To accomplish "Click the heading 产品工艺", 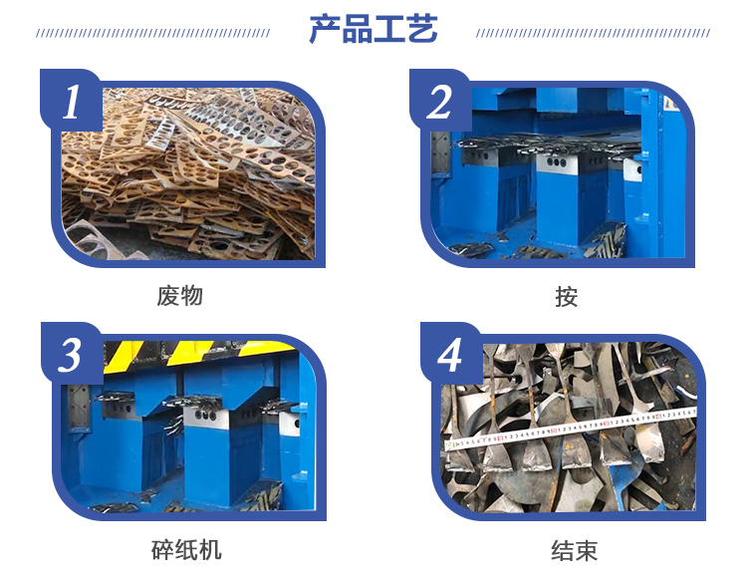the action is click(x=373, y=29).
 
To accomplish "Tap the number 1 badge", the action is click(x=71, y=101).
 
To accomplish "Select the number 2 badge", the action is click(x=439, y=101).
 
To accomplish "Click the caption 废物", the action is click(x=180, y=296).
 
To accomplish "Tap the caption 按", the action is click(x=567, y=296).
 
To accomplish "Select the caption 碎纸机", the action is click(x=186, y=550).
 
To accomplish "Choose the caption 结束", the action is click(x=574, y=550).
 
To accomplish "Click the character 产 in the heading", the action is click(x=325, y=29).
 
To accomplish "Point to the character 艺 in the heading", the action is click(x=422, y=29).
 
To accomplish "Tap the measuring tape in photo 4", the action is click(x=570, y=429).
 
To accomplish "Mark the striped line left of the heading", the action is click(x=153, y=33).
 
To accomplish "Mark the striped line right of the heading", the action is click(x=594, y=33).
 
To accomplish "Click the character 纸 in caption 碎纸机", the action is click(x=186, y=550).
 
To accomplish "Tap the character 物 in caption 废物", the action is click(x=192, y=296).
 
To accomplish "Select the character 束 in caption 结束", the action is click(x=586, y=550).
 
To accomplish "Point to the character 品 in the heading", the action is click(x=357, y=29).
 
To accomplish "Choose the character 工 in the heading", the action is click(x=389, y=29).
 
